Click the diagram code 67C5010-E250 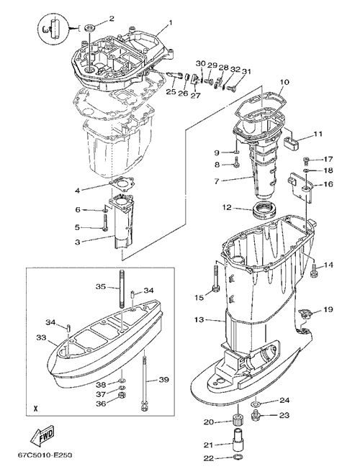click(45, 456)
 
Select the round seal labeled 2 click(89, 29)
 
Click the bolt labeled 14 click(313, 270)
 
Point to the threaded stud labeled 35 click(122, 288)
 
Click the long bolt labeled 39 click(144, 381)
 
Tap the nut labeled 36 click(122, 403)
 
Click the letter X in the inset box click(36, 409)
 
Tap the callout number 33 click(41, 337)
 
